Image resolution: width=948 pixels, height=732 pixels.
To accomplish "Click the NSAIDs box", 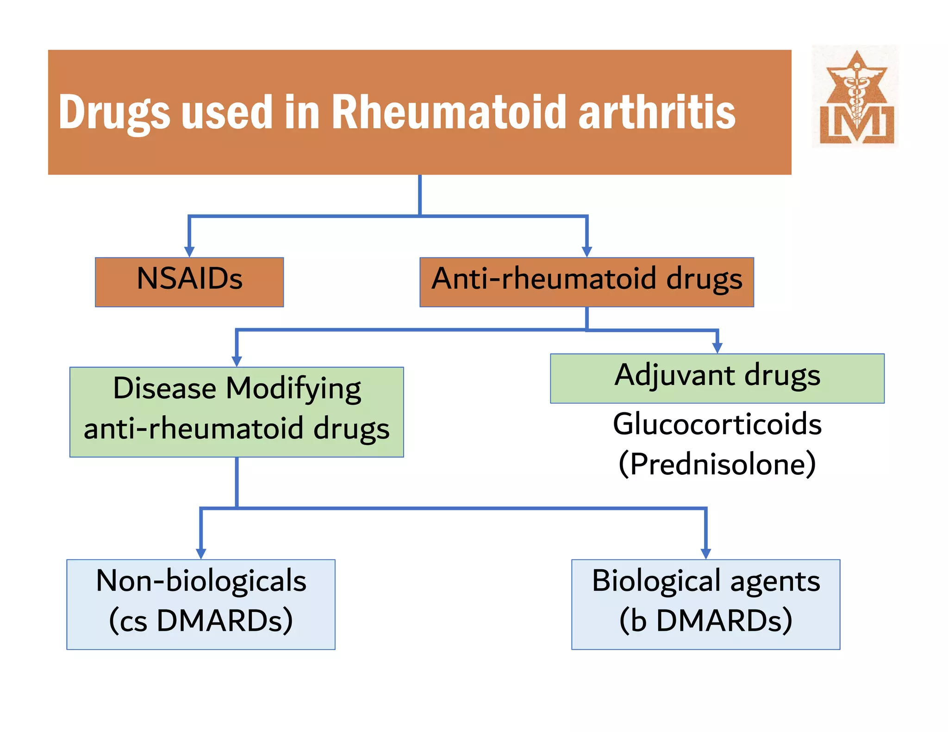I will [x=189, y=282].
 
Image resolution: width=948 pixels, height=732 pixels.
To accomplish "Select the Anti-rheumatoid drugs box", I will [x=586, y=282].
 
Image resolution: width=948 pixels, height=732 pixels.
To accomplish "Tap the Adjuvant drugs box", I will [x=717, y=378].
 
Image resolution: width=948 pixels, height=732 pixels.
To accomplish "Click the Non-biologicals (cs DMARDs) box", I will [x=201, y=604].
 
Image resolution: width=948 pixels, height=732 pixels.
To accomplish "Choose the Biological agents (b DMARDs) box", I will [x=705, y=604].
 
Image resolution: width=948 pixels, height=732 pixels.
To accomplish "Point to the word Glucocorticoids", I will [x=717, y=424].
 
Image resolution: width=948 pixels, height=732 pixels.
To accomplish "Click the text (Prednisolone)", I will [x=717, y=464].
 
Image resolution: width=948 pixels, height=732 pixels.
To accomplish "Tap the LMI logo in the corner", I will [x=855, y=97].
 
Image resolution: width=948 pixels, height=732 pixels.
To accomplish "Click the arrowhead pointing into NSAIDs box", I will [x=189, y=251].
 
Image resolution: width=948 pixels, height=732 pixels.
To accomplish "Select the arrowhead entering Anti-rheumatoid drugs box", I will [x=586, y=251].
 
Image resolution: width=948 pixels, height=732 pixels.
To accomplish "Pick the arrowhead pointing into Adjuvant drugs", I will [x=717, y=347].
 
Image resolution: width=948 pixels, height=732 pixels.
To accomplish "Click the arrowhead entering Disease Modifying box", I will [x=237, y=361].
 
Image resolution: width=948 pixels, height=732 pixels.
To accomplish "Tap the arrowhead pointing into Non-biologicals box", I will [x=201, y=553].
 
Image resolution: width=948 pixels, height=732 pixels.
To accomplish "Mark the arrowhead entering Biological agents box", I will [x=705, y=553].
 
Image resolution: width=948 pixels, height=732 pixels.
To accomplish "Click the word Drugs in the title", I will [x=114, y=113].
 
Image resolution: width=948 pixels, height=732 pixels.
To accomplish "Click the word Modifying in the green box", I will [x=293, y=389].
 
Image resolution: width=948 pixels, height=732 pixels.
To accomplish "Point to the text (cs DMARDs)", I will [x=201, y=620].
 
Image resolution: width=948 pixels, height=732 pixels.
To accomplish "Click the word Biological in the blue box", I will [x=656, y=581].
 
